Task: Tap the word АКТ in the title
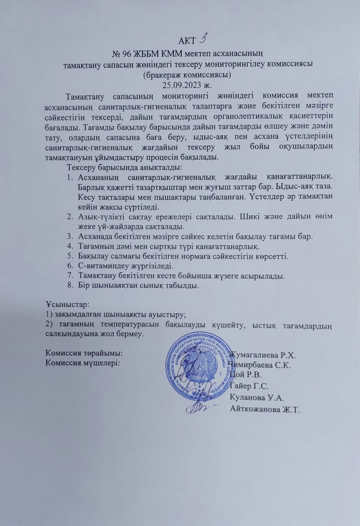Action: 187,41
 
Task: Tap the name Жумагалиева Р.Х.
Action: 263,355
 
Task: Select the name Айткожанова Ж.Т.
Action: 265,410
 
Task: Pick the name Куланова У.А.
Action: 257,397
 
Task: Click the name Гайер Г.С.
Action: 250,386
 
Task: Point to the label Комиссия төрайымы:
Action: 84,353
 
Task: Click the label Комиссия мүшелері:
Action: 82,363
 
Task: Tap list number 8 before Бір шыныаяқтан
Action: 70,285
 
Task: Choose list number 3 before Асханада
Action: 70,236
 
